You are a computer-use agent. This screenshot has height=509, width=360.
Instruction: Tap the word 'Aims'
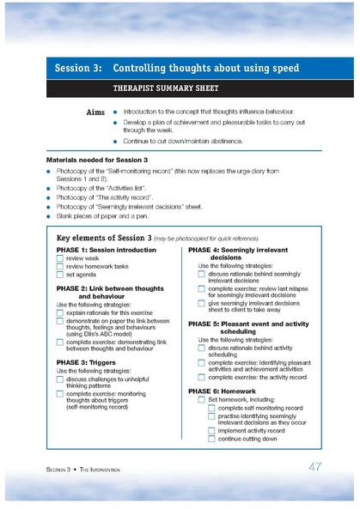coord(96,112)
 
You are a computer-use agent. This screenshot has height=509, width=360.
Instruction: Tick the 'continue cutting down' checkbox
coord(211,439)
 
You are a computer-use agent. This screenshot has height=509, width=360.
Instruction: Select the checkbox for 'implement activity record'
coord(211,430)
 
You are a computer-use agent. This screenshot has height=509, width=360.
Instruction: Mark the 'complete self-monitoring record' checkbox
coord(211,408)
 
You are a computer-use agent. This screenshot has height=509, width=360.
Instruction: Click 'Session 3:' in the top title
coord(79,67)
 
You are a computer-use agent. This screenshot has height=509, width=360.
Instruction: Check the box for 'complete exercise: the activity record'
coord(202,377)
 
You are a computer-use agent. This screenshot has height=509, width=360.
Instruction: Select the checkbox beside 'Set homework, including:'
coord(202,399)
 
